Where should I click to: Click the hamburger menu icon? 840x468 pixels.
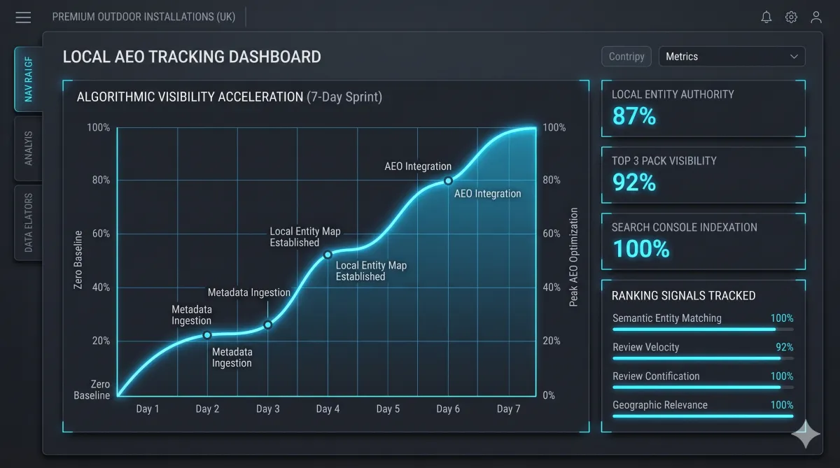(23, 17)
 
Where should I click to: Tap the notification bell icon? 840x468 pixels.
(766, 17)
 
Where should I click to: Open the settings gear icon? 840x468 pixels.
(791, 17)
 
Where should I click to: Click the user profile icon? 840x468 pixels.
(816, 17)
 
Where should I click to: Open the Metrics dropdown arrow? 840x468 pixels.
(794, 57)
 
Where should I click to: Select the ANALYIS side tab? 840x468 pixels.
(29, 148)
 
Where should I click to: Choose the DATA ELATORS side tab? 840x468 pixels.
(29, 222)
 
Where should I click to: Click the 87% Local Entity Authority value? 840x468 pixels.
(634, 116)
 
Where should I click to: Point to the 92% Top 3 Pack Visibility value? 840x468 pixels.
(634, 182)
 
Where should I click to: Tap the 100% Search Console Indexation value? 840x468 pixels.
(641, 248)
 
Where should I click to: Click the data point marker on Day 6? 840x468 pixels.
(448, 181)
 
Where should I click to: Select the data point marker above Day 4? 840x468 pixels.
(328, 255)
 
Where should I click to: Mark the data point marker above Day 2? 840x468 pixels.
(207, 335)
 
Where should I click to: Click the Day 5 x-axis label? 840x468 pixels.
(388, 409)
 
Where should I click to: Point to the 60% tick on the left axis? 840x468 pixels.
(101, 234)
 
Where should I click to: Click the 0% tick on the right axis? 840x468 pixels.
(549, 395)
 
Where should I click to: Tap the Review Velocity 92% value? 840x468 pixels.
(785, 347)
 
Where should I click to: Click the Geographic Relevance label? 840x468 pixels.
(660, 404)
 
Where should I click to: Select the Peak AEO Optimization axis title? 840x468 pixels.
(573, 257)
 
